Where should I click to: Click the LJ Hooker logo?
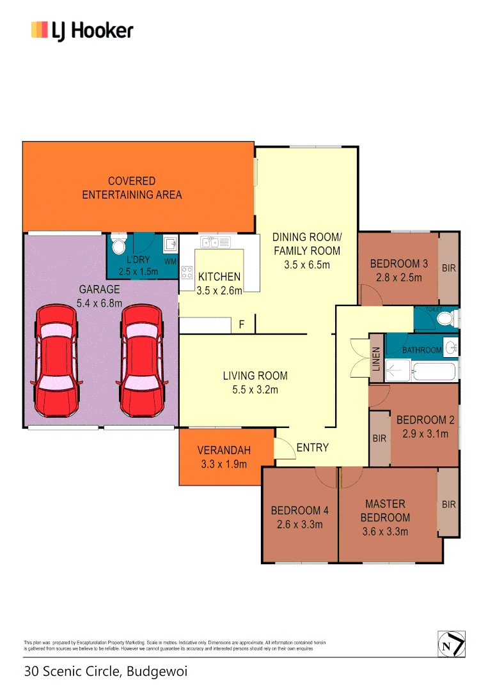[82, 31]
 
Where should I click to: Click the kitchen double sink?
[210, 242]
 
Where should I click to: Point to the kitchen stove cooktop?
[187, 273]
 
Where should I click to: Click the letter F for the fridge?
[241, 325]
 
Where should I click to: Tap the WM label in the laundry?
[170, 262]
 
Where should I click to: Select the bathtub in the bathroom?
[434, 371]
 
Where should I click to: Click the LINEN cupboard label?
[376, 359]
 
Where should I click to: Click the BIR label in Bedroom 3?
[449, 268]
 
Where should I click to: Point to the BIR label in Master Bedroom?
[449, 504]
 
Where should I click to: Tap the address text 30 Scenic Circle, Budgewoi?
[106, 671]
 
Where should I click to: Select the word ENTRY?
[313, 448]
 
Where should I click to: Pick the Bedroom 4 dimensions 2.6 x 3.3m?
[299, 525]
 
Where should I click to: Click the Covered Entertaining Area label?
[132, 188]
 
